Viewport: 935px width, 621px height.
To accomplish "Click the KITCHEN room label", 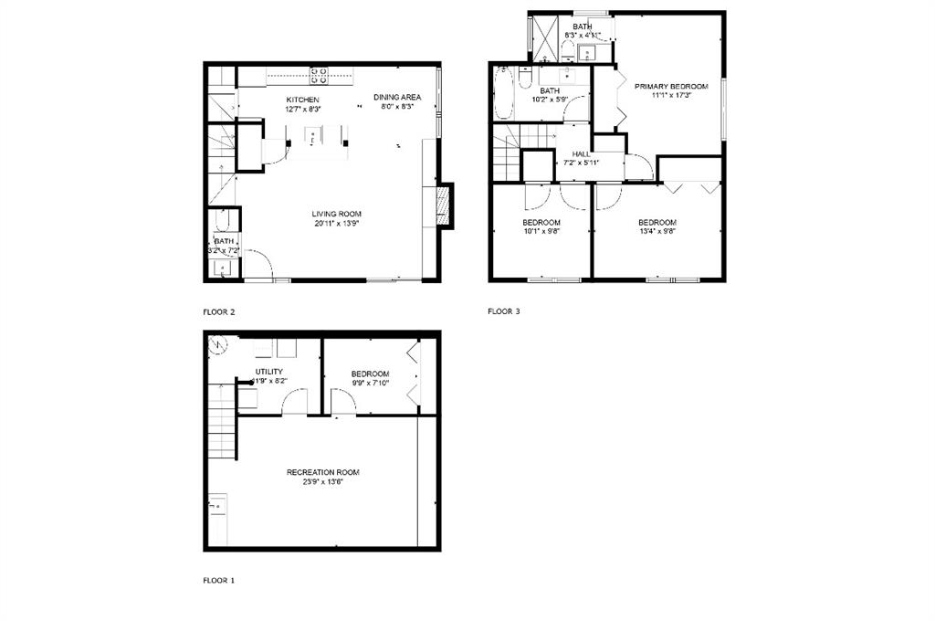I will [x=302, y=100].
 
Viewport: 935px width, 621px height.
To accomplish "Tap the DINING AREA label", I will [x=397, y=97].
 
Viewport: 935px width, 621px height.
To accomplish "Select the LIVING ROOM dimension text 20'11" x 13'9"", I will [x=336, y=223].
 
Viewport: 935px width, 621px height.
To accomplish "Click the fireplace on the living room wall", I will [x=444, y=205].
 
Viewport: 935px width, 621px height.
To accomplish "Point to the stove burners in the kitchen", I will [x=320, y=71].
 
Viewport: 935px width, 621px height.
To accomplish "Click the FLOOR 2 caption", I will [x=219, y=312].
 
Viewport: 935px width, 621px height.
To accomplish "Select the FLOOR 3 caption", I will [x=504, y=311].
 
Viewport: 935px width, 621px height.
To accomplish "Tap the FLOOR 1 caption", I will [x=219, y=580].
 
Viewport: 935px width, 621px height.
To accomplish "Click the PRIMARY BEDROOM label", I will [x=671, y=86].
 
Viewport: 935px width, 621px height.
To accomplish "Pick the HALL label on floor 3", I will [x=581, y=154].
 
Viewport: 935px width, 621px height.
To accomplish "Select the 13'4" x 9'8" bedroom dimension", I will [x=657, y=232].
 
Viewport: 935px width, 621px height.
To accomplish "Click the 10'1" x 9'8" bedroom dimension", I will [x=541, y=232].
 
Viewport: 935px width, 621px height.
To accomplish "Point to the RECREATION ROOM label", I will [x=322, y=472].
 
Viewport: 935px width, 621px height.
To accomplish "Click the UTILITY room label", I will [x=268, y=372].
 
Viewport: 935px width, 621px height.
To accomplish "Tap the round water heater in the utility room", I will [x=219, y=346].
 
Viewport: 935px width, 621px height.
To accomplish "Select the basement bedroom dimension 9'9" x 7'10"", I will [x=370, y=384].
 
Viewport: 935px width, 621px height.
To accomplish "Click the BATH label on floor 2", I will [x=224, y=242].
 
